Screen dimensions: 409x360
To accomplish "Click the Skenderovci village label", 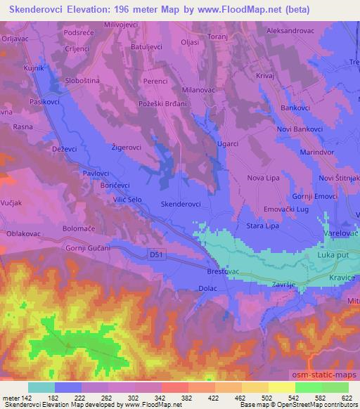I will pos(181,204).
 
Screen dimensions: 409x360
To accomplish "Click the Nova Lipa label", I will pos(264,178).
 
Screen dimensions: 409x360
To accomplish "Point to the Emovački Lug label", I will pos(284,209).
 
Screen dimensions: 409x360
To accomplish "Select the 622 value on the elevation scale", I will pos(345,398).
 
